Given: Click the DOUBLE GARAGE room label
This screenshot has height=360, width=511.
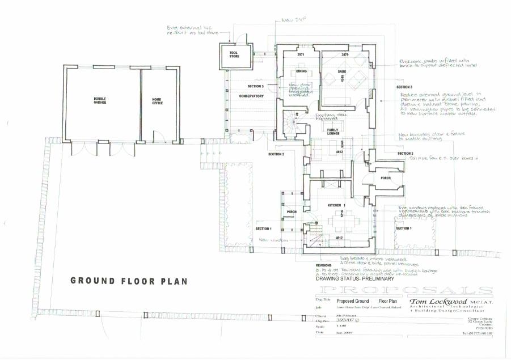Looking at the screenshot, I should tap(100, 100).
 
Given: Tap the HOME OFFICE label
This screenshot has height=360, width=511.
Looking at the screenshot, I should tap(157, 100).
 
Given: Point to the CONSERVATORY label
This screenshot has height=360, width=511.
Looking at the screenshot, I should tap(251, 96).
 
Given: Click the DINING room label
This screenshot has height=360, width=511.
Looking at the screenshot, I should tap(301, 71).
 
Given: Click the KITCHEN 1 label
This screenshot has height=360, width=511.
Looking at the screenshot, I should tap(336, 204).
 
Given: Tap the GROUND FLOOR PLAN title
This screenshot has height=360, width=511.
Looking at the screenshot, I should tap(128, 281).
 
